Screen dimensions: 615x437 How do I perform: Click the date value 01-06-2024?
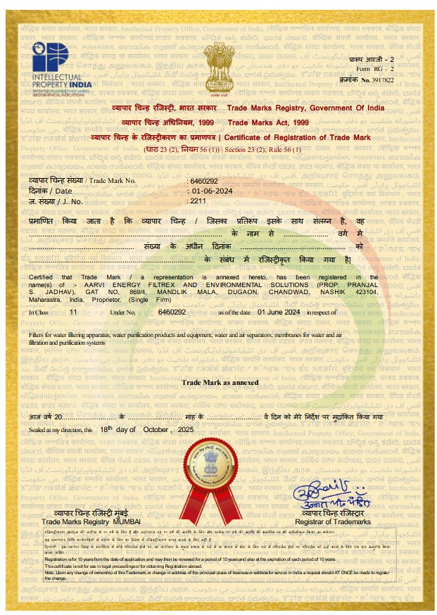(x=211, y=191)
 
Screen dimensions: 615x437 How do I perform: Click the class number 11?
(x=74, y=310)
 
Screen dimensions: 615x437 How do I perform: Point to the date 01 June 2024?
(x=279, y=310)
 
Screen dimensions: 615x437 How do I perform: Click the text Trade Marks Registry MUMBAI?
(x=91, y=521)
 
